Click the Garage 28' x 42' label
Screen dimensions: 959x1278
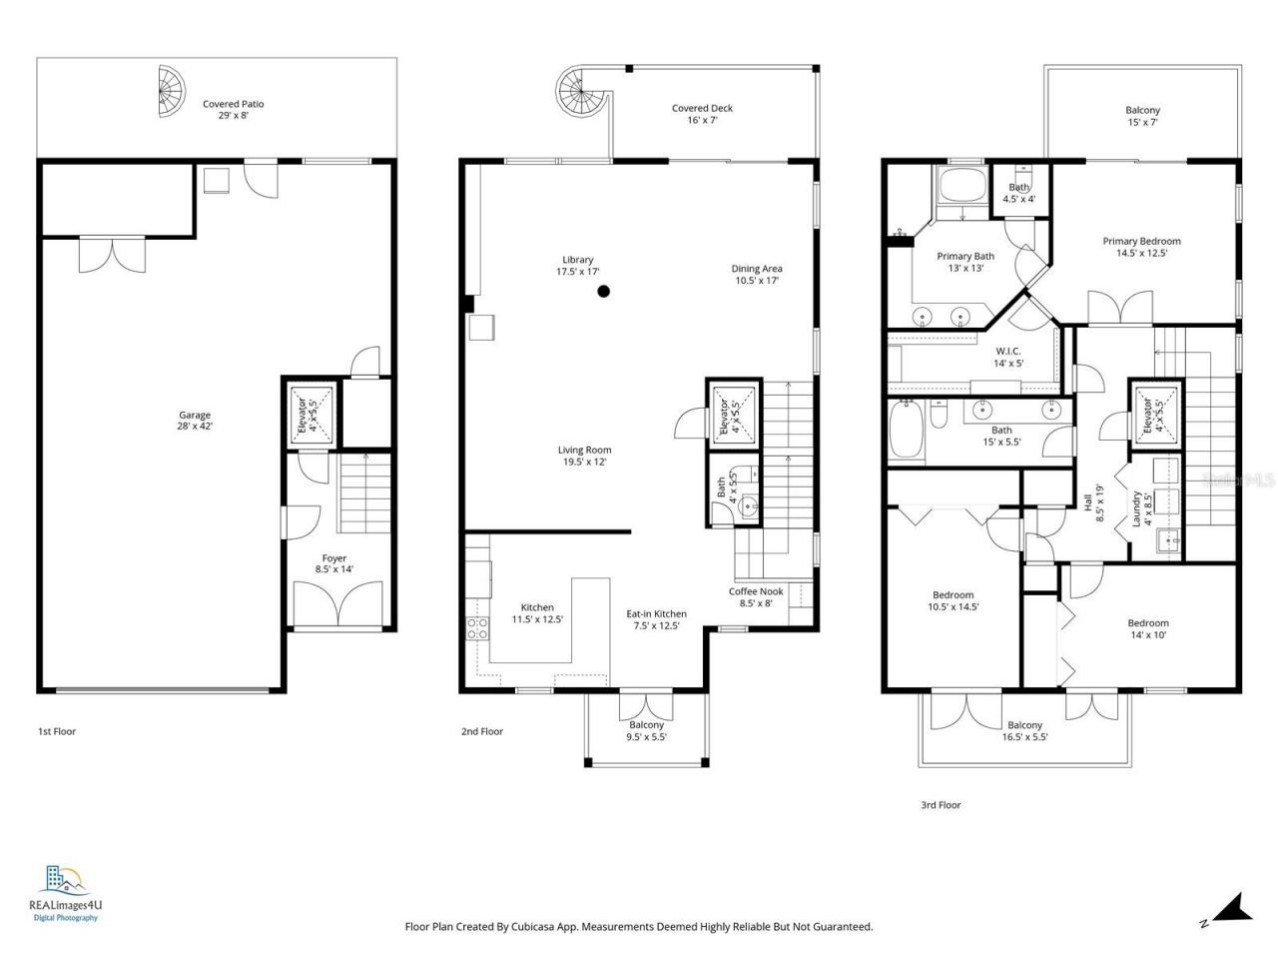[195, 421]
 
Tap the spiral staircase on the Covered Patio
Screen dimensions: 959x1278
[171, 91]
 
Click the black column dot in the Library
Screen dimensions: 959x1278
[603, 292]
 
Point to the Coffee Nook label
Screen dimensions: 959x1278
[756, 596]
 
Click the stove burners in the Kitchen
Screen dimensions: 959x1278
[477, 628]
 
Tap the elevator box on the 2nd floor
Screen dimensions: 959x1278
[730, 411]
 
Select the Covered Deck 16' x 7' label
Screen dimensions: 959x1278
[702, 114]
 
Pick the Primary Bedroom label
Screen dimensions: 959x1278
[1141, 247]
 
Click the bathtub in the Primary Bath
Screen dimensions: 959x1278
[960, 188]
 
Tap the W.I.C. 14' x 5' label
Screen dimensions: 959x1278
[1007, 357]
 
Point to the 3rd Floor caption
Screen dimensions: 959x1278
[940, 804]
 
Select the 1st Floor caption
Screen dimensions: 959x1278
[57, 731]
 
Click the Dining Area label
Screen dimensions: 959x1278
[757, 274]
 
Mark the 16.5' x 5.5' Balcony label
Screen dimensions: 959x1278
[1024, 731]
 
